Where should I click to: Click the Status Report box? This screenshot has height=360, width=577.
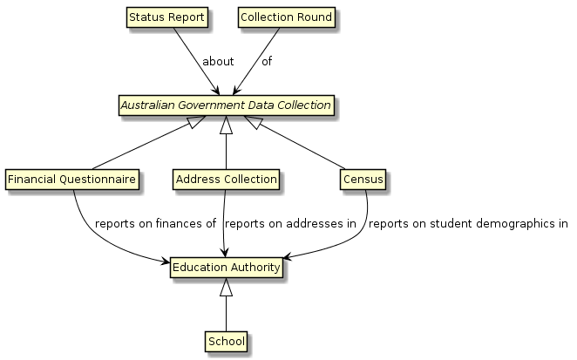point(166,17)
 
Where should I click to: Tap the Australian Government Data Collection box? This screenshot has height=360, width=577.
point(226,105)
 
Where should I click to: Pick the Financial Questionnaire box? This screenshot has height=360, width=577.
point(72,180)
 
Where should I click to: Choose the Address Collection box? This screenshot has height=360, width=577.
point(226,180)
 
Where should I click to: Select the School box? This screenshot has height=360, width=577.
point(226,340)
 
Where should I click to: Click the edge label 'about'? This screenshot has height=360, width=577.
point(217,62)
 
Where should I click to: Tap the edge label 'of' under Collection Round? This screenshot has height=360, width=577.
point(267,62)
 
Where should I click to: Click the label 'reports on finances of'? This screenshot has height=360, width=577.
point(155,224)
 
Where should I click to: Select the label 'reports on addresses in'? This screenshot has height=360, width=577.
point(290,224)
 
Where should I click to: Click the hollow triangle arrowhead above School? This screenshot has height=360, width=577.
point(226,286)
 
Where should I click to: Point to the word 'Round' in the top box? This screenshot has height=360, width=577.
point(314,17)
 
